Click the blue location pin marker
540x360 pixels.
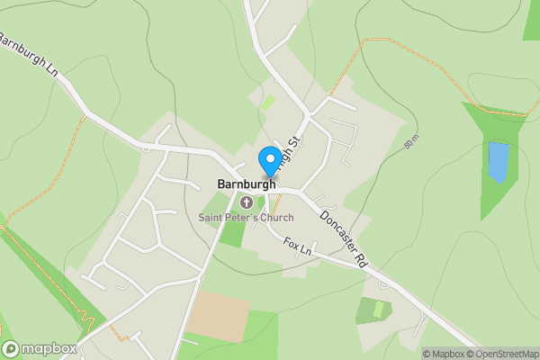[x=269, y=162]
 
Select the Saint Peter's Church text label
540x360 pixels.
[x=246, y=218]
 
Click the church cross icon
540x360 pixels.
[x=246, y=202]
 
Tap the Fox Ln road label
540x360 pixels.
[x=296, y=245]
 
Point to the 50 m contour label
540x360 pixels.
[x=410, y=142]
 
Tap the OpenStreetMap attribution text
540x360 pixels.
[x=504, y=354]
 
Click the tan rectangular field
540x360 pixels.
[x=220, y=311]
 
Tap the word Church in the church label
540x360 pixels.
[x=275, y=218]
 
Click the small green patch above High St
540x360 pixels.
[x=267, y=102]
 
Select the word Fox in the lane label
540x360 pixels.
[x=290, y=242]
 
